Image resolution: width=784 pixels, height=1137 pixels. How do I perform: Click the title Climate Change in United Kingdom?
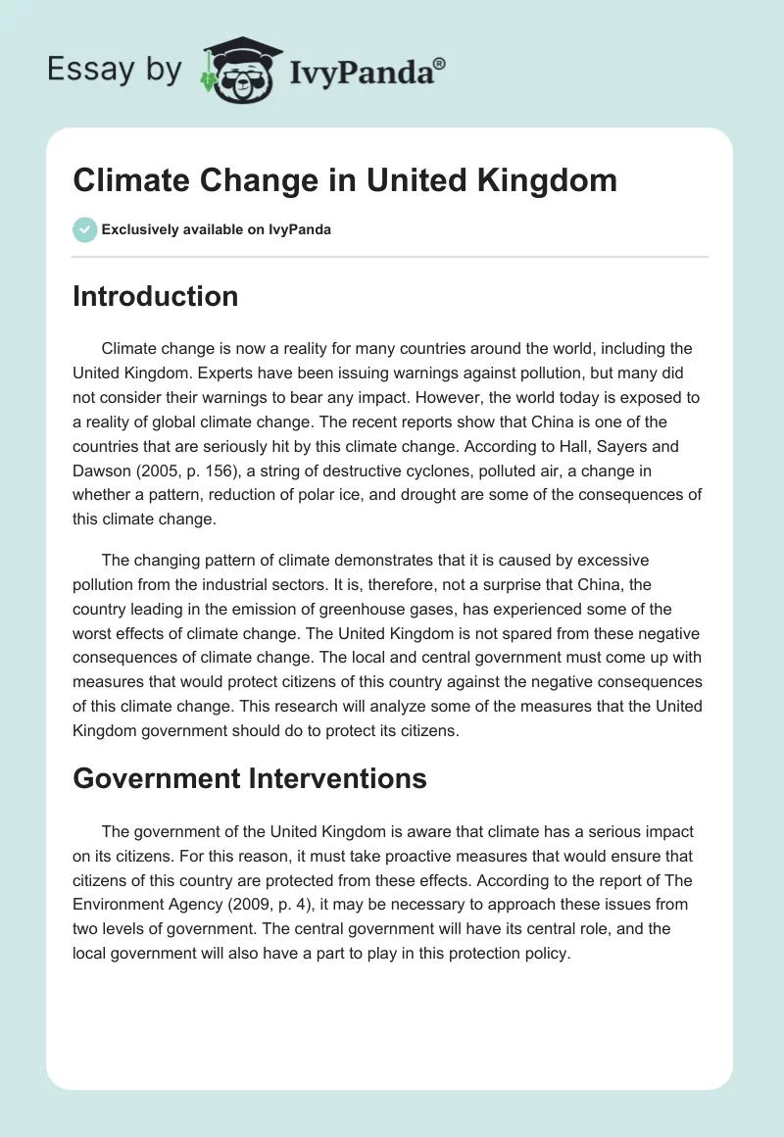(345, 182)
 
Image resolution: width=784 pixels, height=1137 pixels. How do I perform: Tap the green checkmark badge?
(84, 230)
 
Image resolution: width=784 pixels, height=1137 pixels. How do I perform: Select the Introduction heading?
(155, 296)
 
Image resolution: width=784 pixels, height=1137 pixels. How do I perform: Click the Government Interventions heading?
(249, 778)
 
